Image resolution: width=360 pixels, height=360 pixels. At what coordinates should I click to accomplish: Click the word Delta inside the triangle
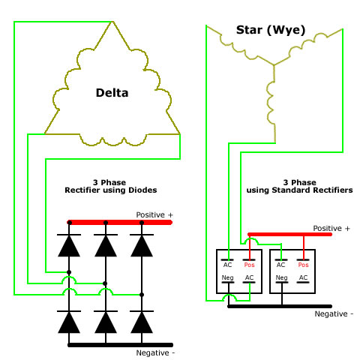[112, 93]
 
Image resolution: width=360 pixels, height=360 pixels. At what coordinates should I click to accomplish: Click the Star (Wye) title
[271, 30]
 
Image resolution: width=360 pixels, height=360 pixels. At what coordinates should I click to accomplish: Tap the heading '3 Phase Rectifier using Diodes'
[111, 186]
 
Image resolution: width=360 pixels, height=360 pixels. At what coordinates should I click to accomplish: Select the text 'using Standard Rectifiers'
[299, 190]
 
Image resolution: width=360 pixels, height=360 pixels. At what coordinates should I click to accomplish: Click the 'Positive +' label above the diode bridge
[154, 214]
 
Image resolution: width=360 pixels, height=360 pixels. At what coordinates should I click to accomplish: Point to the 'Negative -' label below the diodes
[155, 352]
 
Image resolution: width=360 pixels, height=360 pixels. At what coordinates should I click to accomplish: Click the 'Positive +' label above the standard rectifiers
[331, 228]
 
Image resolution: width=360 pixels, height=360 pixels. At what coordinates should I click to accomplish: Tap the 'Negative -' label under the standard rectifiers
[334, 313]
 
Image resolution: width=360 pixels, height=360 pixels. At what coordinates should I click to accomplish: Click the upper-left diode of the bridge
[69, 245]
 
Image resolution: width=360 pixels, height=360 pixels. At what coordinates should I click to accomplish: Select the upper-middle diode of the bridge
[106, 245]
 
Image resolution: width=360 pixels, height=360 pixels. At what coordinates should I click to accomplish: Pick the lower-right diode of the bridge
[142, 322]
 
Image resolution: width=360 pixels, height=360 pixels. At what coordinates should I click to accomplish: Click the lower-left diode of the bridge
[69, 322]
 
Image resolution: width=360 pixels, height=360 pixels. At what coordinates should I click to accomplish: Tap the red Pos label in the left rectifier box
[249, 265]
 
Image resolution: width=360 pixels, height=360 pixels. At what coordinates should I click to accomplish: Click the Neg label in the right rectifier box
[281, 277]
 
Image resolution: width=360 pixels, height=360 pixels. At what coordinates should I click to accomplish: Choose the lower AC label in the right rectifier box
[303, 277]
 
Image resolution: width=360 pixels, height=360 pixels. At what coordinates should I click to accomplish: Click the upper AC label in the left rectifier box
[227, 265]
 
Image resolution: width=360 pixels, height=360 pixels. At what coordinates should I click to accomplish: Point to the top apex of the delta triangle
[112, 22]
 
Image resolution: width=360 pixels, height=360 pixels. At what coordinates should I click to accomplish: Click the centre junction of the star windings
[274, 65]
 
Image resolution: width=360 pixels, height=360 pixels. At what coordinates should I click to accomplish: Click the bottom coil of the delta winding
[113, 141]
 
